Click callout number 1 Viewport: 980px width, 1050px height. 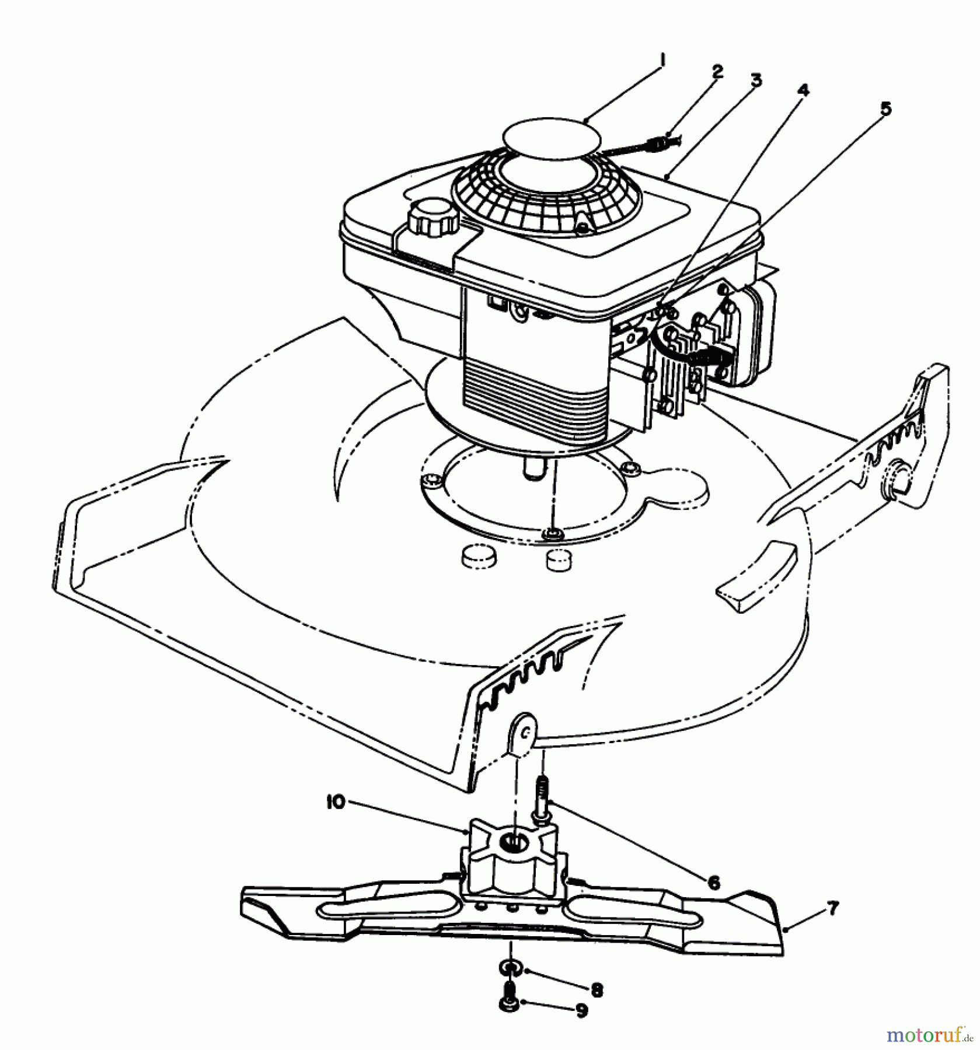[x=662, y=60]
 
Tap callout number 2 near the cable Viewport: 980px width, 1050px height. [x=717, y=72]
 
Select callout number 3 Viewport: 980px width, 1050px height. [x=756, y=80]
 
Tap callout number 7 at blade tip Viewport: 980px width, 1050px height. [x=832, y=908]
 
